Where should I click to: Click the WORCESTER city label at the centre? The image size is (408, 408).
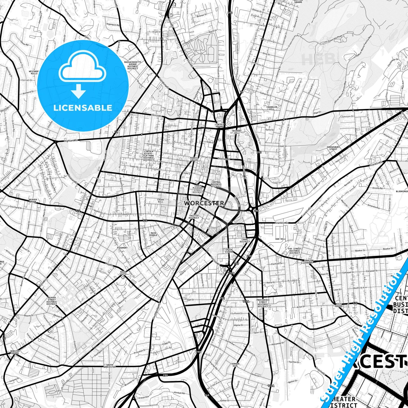[x=204, y=203]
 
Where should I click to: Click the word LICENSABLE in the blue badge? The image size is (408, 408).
[x=83, y=108]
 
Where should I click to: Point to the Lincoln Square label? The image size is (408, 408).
[x=219, y=125]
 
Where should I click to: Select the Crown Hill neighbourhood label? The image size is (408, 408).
[x=161, y=201]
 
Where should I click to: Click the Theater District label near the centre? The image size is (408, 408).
[x=194, y=217]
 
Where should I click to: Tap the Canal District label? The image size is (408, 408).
[x=245, y=240]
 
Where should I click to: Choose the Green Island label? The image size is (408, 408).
[x=229, y=251]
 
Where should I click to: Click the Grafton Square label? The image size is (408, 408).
[x=308, y=261]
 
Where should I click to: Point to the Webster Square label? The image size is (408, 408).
[x=15, y=352]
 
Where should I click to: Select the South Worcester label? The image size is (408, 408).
[x=109, y=366]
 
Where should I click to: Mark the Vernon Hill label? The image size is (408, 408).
[x=235, y=365]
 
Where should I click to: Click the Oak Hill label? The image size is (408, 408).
[x=281, y=239]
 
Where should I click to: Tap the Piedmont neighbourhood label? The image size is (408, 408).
[x=122, y=248]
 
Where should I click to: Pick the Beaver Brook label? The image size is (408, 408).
[x=33, y=201]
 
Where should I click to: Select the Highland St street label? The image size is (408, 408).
[x=71, y=140]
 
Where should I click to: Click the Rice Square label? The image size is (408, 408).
[x=339, y=305]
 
